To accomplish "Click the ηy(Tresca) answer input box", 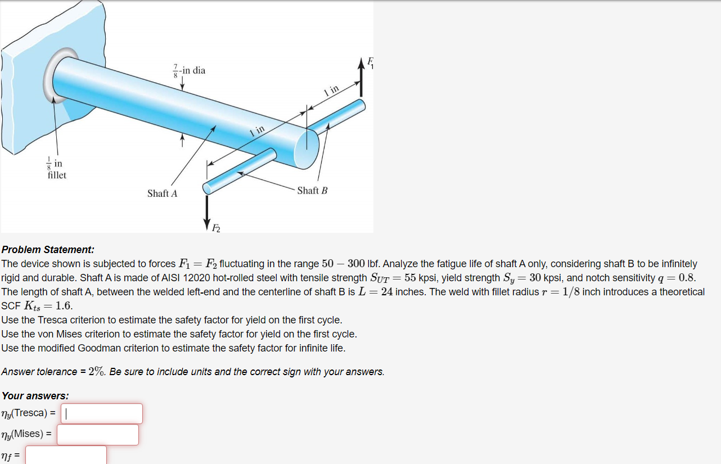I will (101, 413).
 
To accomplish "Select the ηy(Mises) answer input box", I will (97, 434).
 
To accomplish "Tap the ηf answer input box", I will (66, 454).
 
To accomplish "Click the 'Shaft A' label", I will (162, 193).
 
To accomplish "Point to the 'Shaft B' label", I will (312, 191).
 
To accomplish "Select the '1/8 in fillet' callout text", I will (56, 169).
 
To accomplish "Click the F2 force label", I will (216, 227).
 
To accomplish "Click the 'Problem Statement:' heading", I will (48, 249).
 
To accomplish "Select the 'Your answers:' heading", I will (35, 395).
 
